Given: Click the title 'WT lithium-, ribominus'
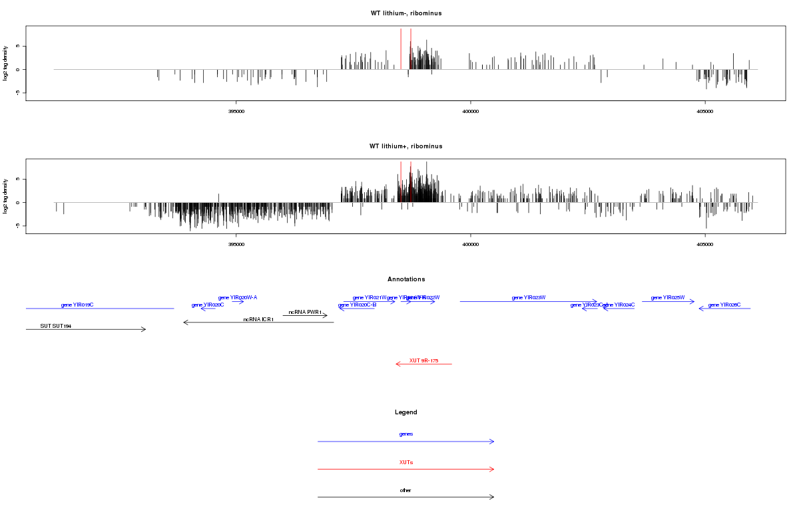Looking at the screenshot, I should [405, 13].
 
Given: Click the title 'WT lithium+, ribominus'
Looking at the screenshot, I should [405, 146].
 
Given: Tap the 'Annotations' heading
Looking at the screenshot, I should [406, 279].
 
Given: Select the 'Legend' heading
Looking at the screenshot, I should [406, 412].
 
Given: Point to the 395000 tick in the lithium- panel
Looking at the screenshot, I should [236, 111].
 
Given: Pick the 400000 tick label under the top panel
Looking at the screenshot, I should [470, 111].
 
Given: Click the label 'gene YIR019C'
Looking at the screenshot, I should [77, 305].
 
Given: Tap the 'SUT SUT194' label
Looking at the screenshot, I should [55, 326].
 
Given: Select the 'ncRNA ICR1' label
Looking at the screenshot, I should [258, 319].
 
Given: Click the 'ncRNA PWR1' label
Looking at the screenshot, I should [305, 312].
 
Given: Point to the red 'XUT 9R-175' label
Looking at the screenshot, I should [423, 360].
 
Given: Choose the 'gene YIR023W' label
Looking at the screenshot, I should [529, 297].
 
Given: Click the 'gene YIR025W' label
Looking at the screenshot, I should [668, 297].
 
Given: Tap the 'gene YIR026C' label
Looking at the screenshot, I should [724, 305].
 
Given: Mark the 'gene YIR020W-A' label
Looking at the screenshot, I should [238, 297].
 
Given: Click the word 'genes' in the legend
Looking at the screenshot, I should [406, 434].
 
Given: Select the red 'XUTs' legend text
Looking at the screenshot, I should [406, 462].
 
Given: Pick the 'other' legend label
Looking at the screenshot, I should [406, 490].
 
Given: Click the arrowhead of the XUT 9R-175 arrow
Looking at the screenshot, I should [397, 364].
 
